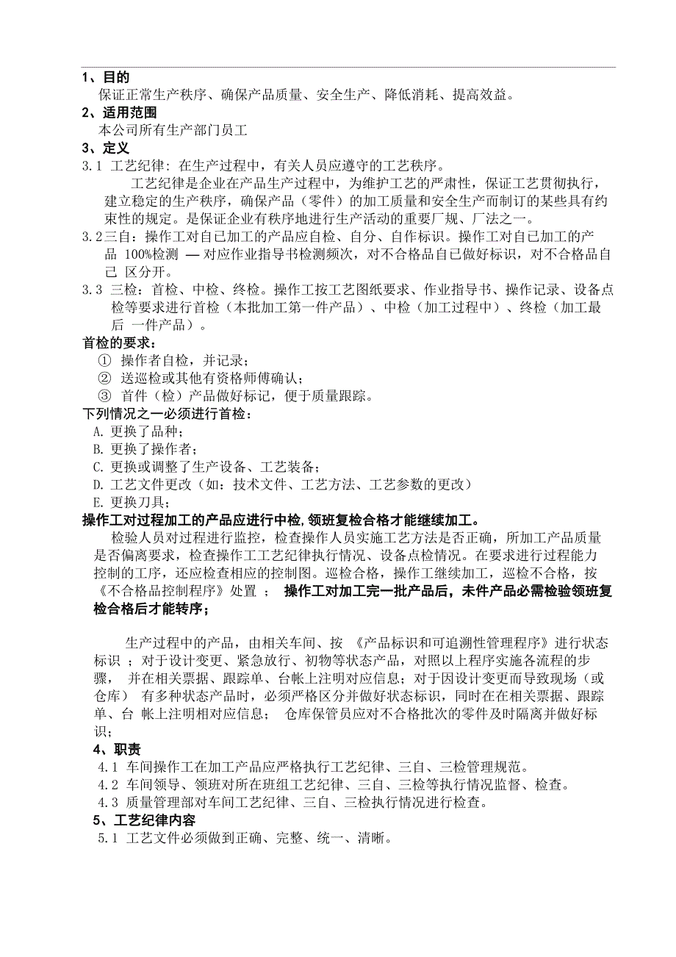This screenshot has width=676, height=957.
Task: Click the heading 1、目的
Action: (106, 77)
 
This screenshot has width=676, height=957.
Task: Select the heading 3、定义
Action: (106, 148)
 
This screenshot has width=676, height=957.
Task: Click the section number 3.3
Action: (92, 290)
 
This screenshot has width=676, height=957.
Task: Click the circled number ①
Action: (104, 361)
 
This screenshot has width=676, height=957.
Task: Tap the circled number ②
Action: (104, 379)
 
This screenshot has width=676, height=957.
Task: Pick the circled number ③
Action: (104, 396)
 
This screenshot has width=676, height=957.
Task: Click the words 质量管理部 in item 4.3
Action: (155, 803)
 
